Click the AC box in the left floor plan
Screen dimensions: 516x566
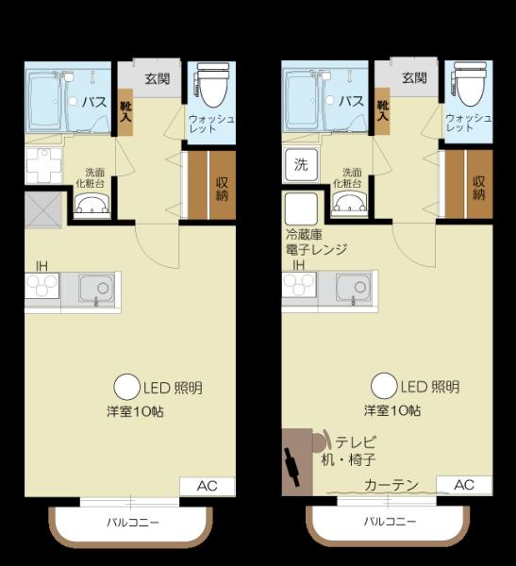click(208, 486)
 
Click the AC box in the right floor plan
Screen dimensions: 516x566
click(464, 485)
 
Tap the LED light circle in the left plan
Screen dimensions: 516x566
click(126, 387)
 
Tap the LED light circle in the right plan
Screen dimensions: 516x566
click(384, 386)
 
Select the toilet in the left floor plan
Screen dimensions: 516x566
click(213, 86)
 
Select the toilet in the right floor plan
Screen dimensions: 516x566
click(470, 85)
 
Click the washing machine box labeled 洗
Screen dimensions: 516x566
click(301, 164)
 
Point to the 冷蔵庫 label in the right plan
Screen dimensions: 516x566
click(304, 235)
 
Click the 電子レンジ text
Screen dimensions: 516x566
click(316, 249)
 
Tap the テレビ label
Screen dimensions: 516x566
click(356, 441)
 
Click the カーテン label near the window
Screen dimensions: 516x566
click(391, 485)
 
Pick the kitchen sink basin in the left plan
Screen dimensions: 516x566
click(97, 288)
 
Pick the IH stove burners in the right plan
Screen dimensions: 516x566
click(299, 284)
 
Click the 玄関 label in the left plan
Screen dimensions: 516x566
click(158, 78)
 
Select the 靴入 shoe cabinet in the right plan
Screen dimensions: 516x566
click(383, 111)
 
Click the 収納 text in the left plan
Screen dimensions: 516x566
click(222, 189)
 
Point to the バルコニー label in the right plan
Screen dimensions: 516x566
click(390, 522)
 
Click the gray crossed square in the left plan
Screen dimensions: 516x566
click(43, 210)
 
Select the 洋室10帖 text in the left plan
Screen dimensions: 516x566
click(136, 411)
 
